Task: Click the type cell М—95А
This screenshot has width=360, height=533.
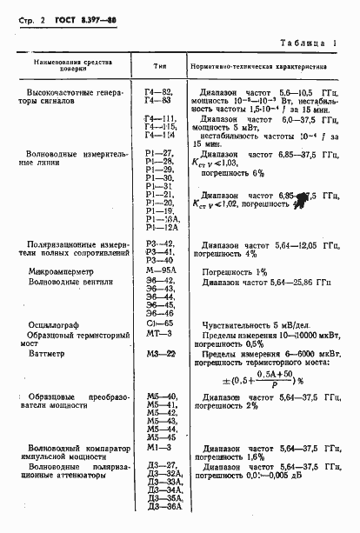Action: point(160,272)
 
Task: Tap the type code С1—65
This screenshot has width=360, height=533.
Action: point(159,323)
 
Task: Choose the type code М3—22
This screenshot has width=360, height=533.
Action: point(160,353)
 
